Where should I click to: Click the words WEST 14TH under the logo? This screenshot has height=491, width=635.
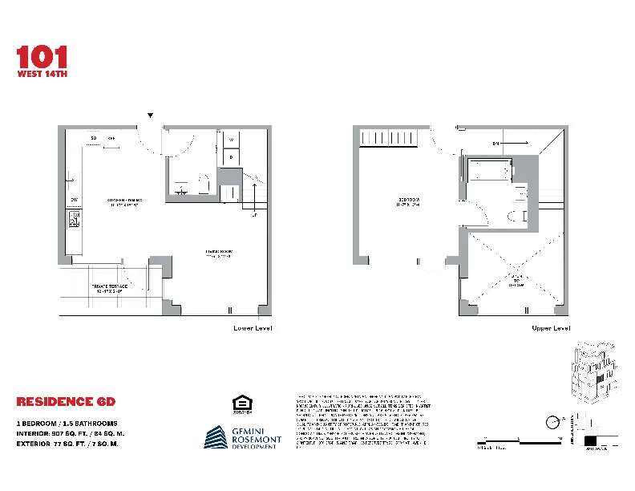(x=42, y=74)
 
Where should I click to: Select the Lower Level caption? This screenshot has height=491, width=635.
(x=253, y=328)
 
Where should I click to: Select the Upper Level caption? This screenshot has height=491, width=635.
(x=550, y=328)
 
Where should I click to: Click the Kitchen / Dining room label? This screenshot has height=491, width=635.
(x=123, y=201)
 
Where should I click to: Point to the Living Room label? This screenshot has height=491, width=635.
(x=217, y=254)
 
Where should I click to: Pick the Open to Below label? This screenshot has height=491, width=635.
(x=513, y=280)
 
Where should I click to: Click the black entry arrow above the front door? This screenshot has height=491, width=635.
(x=150, y=116)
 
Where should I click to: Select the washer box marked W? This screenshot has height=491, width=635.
(x=231, y=140)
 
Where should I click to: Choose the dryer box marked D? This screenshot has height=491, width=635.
(x=231, y=157)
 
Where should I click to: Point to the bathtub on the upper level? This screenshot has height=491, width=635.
(x=488, y=169)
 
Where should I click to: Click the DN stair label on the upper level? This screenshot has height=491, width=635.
(x=497, y=144)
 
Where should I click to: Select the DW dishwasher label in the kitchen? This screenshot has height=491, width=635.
(x=74, y=199)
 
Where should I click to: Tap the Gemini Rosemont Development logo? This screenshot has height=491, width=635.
(x=241, y=438)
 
